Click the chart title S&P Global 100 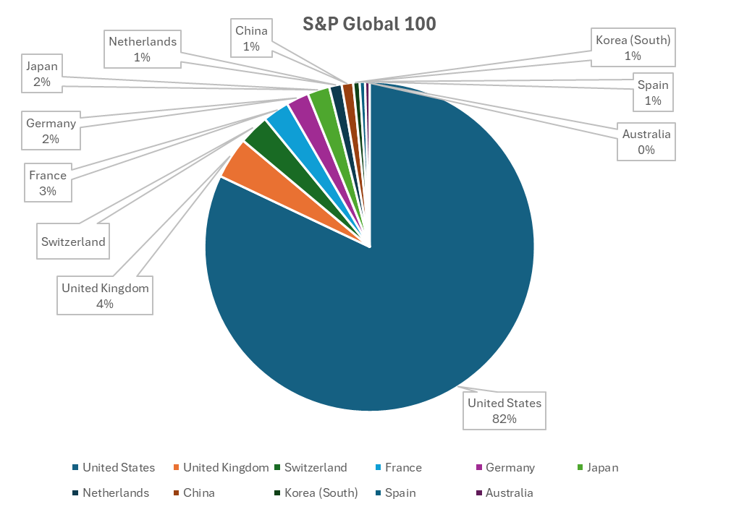pos(369,24)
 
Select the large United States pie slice pos(405,289)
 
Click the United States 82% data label pos(504,411)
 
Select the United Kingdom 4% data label pos(105,296)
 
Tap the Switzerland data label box pos(73,242)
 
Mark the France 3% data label pos(48,183)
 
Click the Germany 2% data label pos(51,131)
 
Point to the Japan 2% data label pos(41,74)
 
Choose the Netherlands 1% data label pos(143,48)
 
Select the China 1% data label pos(251,38)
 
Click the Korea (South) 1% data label pos(633,47)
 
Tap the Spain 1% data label pos(653,93)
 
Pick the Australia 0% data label pos(646,142)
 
